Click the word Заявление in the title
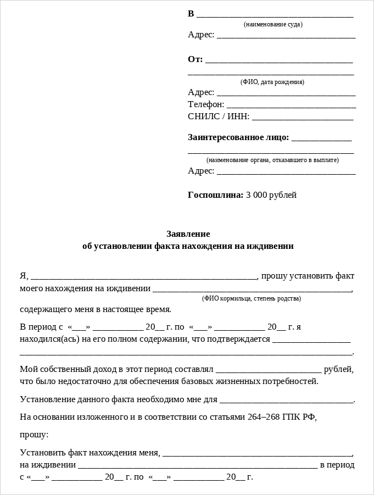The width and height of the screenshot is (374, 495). coord(188,233)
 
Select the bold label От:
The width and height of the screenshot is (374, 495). coord(195,59)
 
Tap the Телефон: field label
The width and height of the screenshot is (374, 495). coord(206,104)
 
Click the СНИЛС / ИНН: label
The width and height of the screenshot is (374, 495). coord(219,116)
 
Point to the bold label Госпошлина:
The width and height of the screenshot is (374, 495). coord(215,195)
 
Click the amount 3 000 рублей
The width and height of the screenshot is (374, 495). coord(271,195)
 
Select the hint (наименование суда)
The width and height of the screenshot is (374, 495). coord(273,24)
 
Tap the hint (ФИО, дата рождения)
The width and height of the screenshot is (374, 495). coord(272,82)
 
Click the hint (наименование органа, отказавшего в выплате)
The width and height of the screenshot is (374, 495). coord(272,160)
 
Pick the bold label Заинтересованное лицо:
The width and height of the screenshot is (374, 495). coord(238,137)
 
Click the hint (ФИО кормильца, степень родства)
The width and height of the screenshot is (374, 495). coord(252,298)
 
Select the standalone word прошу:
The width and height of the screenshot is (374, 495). coord(34,435)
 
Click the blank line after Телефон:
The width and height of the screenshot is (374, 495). coord(291,105)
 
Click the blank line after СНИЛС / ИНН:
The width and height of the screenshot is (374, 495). coord(303,118)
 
